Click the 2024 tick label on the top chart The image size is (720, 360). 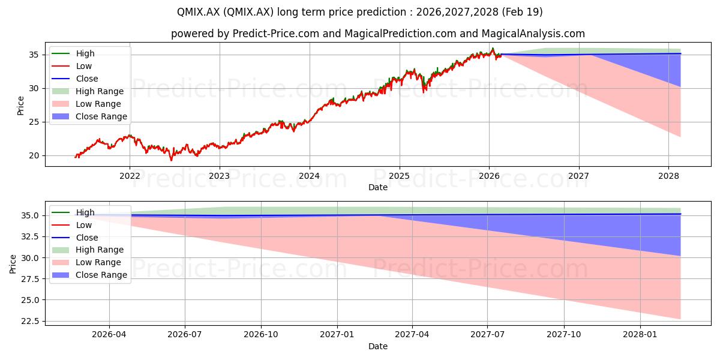(x=309, y=176)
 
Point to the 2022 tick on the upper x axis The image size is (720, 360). (x=130, y=176)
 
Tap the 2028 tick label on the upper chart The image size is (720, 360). (x=668, y=176)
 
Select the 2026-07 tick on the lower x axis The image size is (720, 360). (x=185, y=335)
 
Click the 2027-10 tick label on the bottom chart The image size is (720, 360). (x=564, y=335)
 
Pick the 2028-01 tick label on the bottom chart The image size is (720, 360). (x=640, y=335)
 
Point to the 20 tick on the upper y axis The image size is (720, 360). (x=34, y=155)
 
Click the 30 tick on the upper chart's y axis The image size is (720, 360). (x=34, y=88)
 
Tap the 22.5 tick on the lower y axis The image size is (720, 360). (x=30, y=321)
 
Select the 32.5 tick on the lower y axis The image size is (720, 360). (x=30, y=236)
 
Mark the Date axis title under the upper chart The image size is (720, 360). (x=378, y=187)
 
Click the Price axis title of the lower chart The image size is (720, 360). (x=13, y=264)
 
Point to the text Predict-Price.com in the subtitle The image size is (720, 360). (x=276, y=34)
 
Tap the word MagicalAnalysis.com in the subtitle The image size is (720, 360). (x=533, y=34)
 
